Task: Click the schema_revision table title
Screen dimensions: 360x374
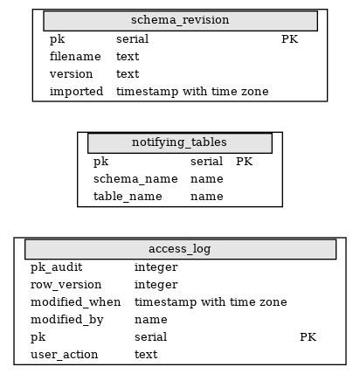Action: [180, 20]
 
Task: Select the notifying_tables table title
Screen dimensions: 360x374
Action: [179, 142]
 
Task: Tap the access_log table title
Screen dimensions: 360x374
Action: [180, 249]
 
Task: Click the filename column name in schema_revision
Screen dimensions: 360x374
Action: [75, 56]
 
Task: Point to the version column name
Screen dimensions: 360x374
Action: [71, 74]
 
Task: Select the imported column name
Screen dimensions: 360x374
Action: [76, 92]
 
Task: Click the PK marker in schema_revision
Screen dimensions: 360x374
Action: [289, 39]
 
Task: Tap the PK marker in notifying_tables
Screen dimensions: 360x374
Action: [244, 162]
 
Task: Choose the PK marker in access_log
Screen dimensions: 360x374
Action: [308, 337]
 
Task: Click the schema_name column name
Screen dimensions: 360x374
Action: [135, 179]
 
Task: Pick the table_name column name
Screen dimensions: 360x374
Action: [128, 197]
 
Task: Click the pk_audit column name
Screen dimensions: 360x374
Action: [57, 267]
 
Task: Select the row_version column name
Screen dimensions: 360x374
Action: [66, 285]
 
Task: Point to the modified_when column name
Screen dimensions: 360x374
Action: [75, 302]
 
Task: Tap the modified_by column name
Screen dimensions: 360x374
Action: [67, 320]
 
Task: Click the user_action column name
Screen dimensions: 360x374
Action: [64, 355]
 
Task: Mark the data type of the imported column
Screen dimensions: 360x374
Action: [192, 92]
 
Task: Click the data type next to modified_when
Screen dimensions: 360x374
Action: [211, 302]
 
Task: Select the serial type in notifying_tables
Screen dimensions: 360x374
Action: [206, 162]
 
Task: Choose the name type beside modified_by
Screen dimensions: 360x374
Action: [151, 320]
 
